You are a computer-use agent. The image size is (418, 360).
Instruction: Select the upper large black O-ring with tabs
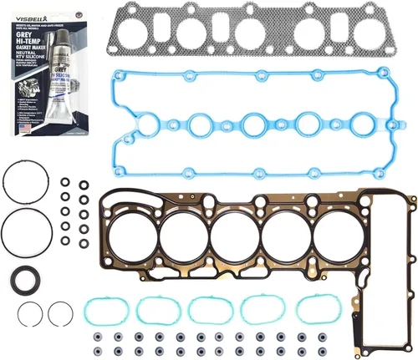click(x=20, y=181)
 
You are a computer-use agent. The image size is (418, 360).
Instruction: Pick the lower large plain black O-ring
click(x=20, y=229)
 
